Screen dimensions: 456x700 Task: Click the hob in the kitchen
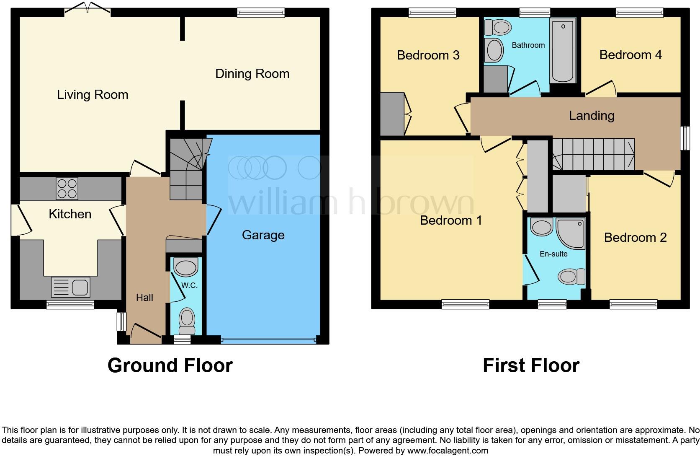[x=67, y=189]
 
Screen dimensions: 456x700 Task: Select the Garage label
[x=263, y=235]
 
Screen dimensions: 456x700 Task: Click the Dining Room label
[x=252, y=74]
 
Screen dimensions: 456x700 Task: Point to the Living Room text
[x=93, y=95]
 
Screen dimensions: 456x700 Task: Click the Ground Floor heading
[x=170, y=365]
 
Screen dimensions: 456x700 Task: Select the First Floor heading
[x=531, y=365]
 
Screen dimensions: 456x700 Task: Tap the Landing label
[x=591, y=116]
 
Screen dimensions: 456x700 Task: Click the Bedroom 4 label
[x=630, y=55]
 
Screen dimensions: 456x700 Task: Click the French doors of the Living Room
[x=87, y=8]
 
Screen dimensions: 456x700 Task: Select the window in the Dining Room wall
[x=261, y=13]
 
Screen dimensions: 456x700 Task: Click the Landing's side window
[x=685, y=138]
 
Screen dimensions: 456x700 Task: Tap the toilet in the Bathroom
[x=498, y=28]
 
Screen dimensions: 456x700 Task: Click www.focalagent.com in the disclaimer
[x=448, y=451]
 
